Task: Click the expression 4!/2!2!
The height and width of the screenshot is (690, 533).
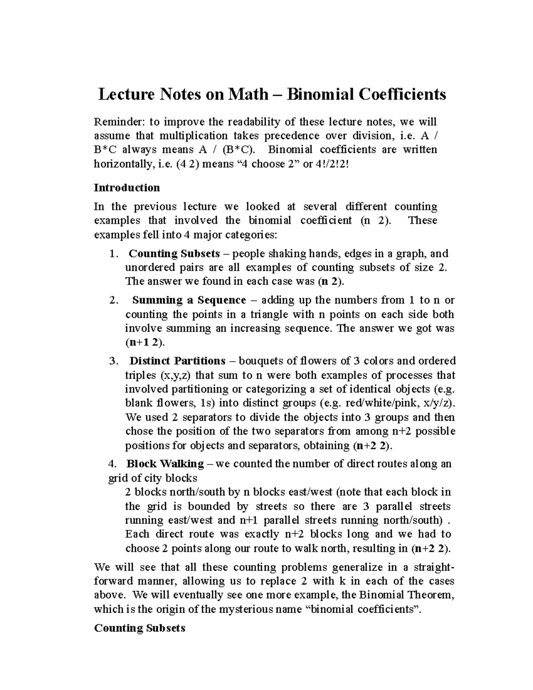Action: pyautogui.click(x=334, y=164)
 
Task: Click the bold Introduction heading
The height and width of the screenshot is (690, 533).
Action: pyautogui.click(x=127, y=187)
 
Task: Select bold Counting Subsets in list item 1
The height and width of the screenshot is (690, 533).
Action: pyautogui.click(x=174, y=254)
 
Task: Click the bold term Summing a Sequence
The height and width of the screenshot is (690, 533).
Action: pyautogui.click(x=189, y=300)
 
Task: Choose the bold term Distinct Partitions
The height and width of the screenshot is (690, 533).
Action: pyautogui.click(x=178, y=361)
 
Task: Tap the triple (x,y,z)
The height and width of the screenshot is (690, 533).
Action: pyautogui.click(x=175, y=375)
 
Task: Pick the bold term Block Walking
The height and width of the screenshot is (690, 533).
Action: pyautogui.click(x=165, y=464)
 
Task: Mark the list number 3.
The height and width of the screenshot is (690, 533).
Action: pyautogui.click(x=113, y=361)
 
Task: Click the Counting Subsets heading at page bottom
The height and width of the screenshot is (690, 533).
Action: pyautogui.click(x=139, y=629)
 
